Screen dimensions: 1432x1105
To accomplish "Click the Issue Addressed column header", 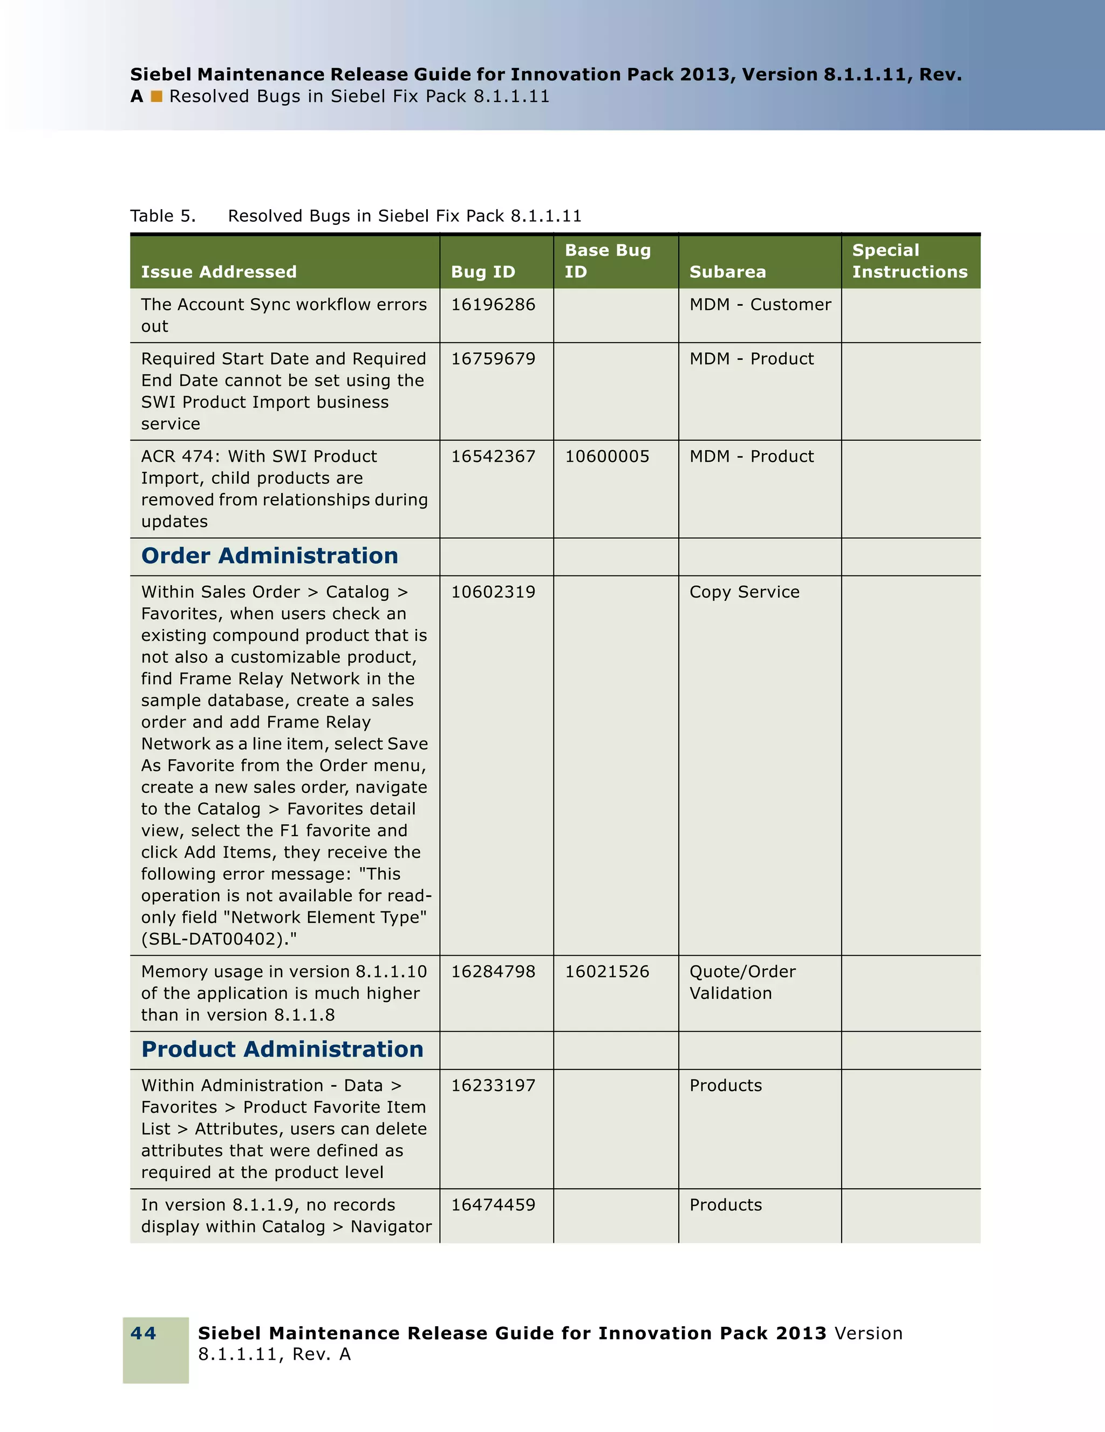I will (219, 271).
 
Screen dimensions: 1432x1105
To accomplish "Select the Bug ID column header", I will (483, 271).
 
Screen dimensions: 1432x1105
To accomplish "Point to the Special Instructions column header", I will (909, 261).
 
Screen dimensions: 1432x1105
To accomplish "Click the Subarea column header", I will (727, 271).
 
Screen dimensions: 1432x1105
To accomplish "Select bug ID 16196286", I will (493, 304).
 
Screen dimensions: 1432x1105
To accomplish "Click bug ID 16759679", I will (493, 359).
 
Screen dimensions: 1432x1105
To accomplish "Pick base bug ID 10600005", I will (606, 456).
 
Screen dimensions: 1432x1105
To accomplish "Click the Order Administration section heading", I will (270, 556).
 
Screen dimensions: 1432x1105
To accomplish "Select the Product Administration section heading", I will (282, 1049).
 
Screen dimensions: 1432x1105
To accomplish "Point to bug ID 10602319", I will (493, 592).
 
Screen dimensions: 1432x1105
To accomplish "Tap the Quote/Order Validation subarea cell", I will (742, 982).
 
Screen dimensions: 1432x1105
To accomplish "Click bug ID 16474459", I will (493, 1204).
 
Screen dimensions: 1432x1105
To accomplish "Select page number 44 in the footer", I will (143, 1333).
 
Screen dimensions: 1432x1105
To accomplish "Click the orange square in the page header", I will (156, 97).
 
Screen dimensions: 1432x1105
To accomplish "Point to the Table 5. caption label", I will (162, 216).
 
